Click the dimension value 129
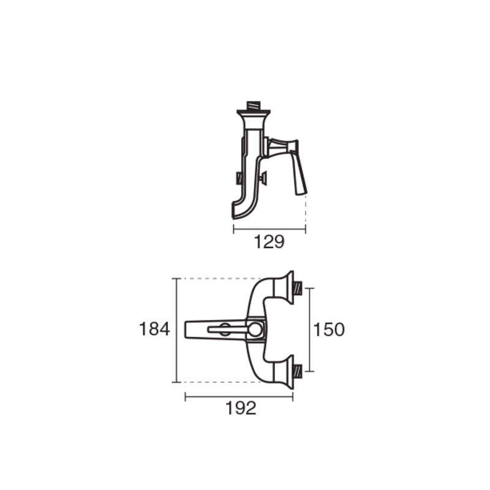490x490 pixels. (x=269, y=242)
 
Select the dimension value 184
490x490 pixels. (x=154, y=329)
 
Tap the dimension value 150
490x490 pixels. (x=329, y=330)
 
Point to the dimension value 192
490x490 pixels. (x=241, y=408)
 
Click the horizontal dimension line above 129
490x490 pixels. (x=269, y=229)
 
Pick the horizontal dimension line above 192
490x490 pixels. (x=239, y=397)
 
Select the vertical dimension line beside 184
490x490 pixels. (x=177, y=330)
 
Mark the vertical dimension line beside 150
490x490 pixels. (x=309, y=330)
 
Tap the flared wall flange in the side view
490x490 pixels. (x=253, y=119)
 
